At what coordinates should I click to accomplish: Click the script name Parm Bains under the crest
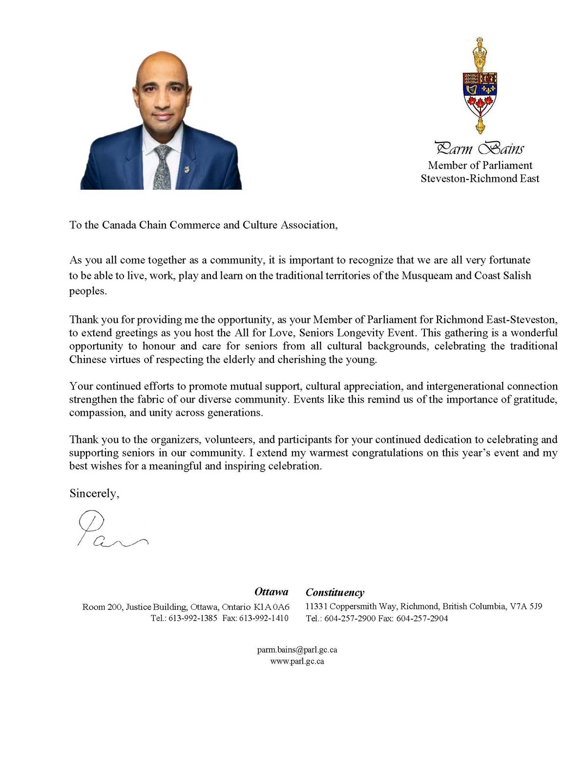coord(480,148)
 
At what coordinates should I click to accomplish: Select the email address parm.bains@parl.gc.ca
coord(297,650)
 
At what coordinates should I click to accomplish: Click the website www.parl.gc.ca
coord(297,661)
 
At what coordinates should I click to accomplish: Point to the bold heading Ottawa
coord(271,592)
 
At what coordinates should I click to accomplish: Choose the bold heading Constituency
coord(335,592)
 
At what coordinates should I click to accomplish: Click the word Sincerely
coord(94,493)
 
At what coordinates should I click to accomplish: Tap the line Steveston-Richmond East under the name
coord(480,178)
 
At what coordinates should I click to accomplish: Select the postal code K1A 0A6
coord(272,607)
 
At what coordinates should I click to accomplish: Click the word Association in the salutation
coord(308,225)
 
